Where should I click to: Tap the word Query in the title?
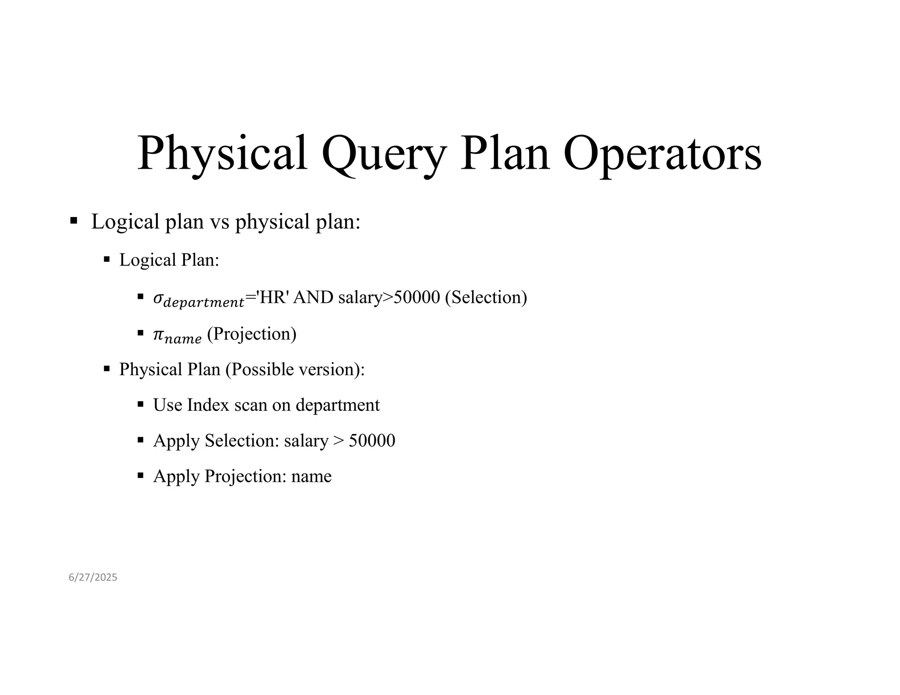pos(384,154)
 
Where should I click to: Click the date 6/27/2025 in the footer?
pos(93,577)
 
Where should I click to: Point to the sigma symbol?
pos(157,298)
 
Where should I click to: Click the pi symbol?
pos(157,335)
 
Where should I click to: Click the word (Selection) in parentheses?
pos(486,297)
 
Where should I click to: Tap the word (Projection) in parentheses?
pos(252,334)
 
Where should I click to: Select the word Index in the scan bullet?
pos(208,405)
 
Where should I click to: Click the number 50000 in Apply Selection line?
pos(372,441)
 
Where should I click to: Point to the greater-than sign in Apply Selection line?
pos(338,441)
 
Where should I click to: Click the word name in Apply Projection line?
pos(311,476)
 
